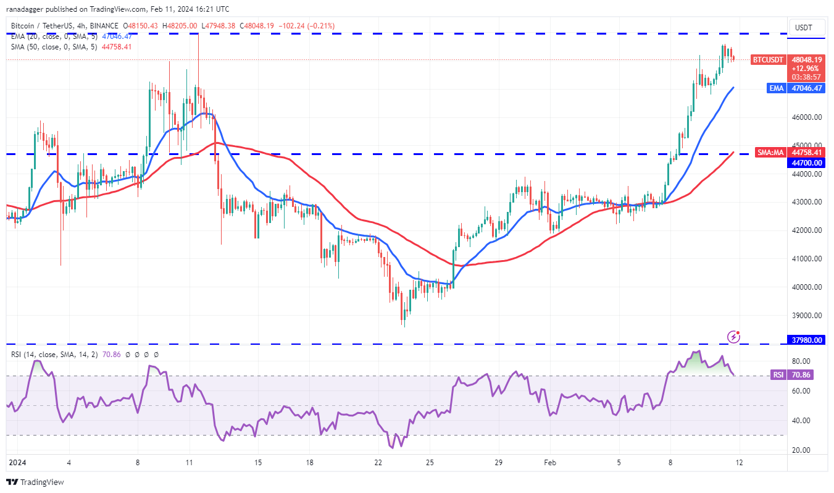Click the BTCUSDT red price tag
click(768, 60)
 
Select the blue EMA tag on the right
click(776, 88)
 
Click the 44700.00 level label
click(807, 162)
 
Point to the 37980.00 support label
click(807, 340)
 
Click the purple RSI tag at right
click(778, 374)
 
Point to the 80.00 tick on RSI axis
click(801, 361)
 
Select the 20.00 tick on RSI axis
click(801, 450)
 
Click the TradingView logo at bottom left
click(35, 482)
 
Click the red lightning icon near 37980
click(734, 337)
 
